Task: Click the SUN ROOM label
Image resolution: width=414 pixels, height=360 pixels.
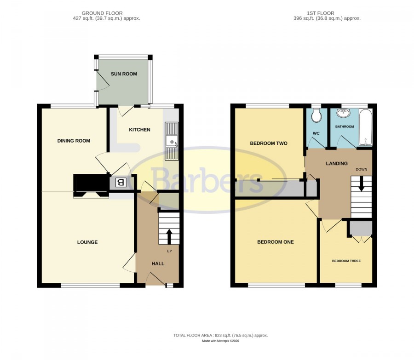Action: coord(124,74)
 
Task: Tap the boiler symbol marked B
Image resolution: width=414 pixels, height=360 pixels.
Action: coord(120,183)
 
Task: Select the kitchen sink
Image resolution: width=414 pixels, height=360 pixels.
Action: coord(172,141)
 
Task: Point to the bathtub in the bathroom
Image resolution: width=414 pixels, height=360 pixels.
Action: coord(365,127)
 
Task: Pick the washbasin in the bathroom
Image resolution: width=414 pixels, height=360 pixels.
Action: coord(343,113)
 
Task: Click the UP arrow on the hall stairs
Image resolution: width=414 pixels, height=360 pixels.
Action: coord(169,236)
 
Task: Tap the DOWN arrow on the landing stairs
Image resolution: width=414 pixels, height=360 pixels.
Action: coord(361,184)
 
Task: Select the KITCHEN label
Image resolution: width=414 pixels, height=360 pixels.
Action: coord(139,130)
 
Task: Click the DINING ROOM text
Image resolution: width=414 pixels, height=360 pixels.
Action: coord(74,141)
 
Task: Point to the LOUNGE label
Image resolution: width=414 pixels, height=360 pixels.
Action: coord(87,242)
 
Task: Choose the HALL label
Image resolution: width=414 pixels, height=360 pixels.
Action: coord(158,263)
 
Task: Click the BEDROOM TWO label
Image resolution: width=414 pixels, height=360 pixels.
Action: coord(269,143)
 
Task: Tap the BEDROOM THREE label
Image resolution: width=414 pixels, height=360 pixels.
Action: coord(346,261)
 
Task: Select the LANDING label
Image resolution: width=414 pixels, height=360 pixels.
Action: coord(337,163)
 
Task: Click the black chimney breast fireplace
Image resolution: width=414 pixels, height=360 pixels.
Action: coord(92,186)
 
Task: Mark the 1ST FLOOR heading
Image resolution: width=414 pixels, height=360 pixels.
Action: coord(321,13)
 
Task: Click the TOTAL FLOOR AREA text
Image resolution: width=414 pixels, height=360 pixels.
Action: coord(220,336)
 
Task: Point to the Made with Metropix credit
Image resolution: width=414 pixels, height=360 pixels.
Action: coord(220,341)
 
